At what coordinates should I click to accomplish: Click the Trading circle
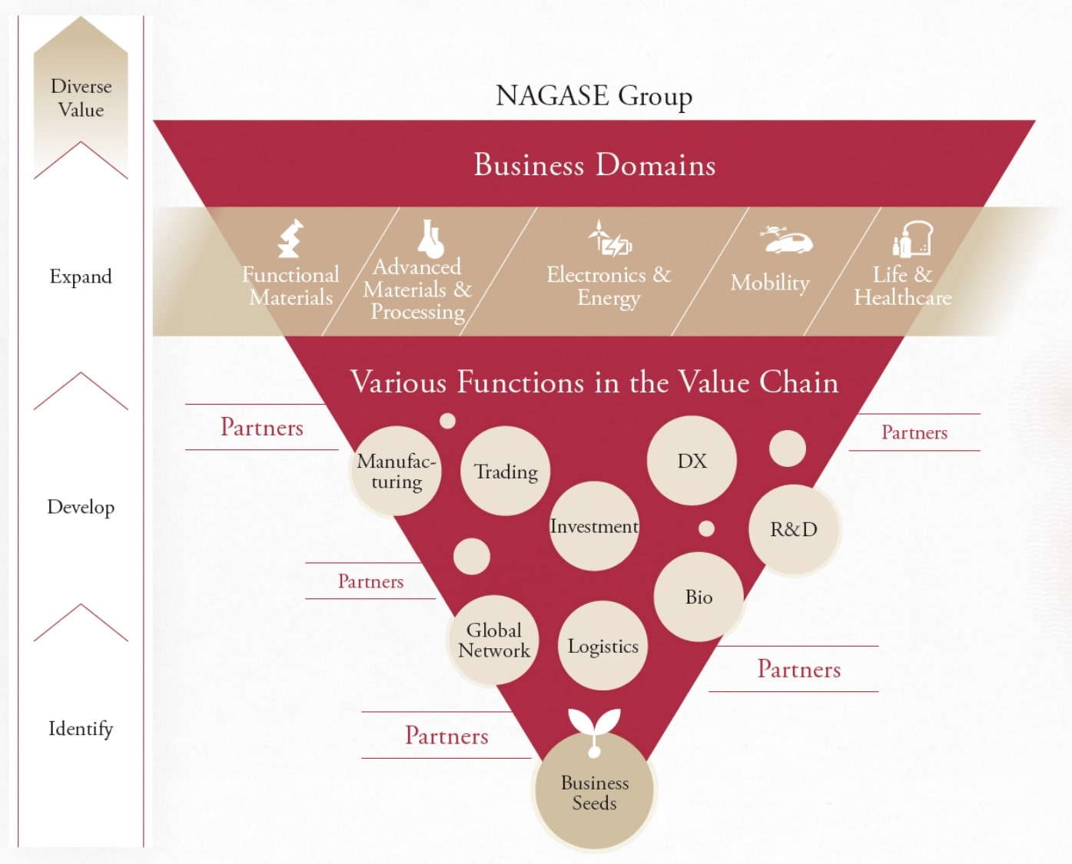506,471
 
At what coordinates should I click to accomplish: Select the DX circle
692,461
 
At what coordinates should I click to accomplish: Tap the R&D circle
794,529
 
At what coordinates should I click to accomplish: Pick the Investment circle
594,526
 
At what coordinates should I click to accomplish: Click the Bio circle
699,597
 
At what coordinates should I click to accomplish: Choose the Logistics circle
602,646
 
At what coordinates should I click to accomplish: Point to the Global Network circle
493,640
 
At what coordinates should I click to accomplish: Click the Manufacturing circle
397,472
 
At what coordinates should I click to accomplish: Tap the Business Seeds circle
594,793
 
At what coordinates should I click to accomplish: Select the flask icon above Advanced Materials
430,238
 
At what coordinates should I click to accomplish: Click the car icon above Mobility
785,241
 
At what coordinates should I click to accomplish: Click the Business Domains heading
594,165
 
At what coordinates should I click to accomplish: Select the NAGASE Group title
594,96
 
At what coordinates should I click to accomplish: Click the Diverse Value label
81,98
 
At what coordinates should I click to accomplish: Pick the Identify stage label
81,728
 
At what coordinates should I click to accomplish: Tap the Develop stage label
81,507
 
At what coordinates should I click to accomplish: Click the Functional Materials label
290,286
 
